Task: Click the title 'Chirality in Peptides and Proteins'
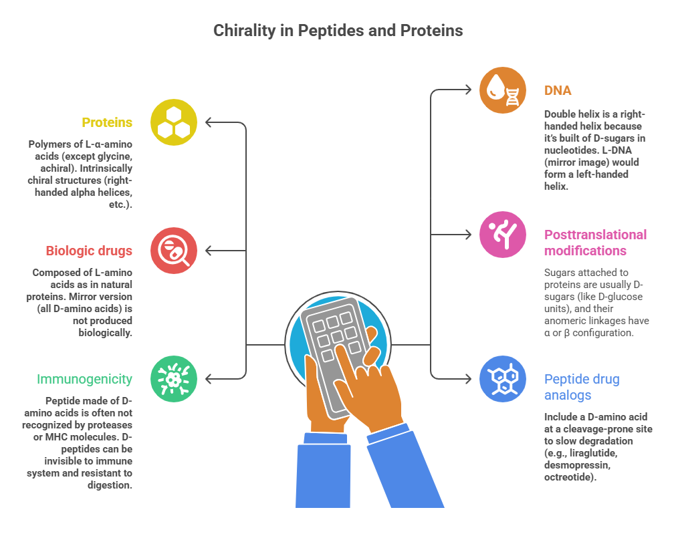(x=338, y=31)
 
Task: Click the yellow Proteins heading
(x=107, y=122)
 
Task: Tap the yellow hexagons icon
(x=174, y=122)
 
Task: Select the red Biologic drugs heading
(x=89, y=251)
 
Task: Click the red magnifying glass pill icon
(x=174, y=251)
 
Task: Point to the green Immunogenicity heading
(x=84, y=379)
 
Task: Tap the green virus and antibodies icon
(x=174, y=379)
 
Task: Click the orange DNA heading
(x=558, y=90)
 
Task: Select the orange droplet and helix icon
(x=503, y=90)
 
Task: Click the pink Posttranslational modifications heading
(x=595, y=243)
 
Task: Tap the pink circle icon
(x=503, y=235)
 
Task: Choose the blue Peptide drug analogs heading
(x=582, y=387)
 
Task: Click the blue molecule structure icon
(x=503, y=379)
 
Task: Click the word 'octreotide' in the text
(x=568, y=477)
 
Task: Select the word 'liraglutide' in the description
(x=593, y=452)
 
